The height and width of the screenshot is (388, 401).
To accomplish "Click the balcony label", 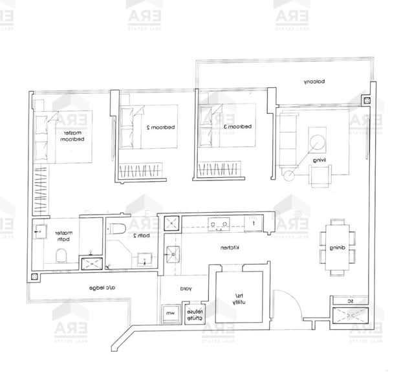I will [314, 82].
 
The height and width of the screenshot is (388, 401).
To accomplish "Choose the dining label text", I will [337, 248].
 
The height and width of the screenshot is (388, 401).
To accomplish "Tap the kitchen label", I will [231, 248].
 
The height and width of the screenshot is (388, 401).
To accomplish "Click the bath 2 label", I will [142, 236].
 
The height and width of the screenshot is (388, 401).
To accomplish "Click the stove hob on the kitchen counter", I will [217, 224].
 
